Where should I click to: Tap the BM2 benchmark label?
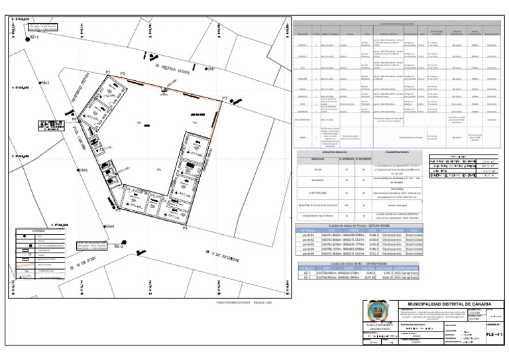(x=45, y=83)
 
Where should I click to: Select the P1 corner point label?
(x=108, y=72)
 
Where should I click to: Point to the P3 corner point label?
(x=225, y=98)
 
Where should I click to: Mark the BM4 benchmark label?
(x=109, y=226)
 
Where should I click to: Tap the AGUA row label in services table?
(x=321, y=168)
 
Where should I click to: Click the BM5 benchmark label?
(x=83, y=170)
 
